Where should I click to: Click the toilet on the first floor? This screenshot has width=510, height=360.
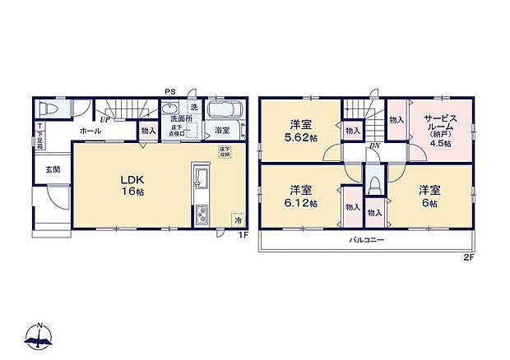[x=50, y=111]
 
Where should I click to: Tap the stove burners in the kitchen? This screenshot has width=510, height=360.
[x=202, y=215]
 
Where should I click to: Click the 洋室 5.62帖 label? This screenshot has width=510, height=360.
[x=299, y=131]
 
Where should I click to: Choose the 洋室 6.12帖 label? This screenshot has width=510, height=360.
[x=299, y=196]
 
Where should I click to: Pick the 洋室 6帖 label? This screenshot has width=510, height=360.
[x=429, y=196]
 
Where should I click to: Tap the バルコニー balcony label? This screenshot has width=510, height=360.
[x=366, y=239]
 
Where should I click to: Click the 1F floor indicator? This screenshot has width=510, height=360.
[x=243, y=236]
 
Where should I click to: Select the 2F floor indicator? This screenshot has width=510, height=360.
[x=468, y=258]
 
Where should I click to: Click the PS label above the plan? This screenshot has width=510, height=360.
[x=169, y=91]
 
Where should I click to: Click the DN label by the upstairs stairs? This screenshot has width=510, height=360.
[x=374, y=146]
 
